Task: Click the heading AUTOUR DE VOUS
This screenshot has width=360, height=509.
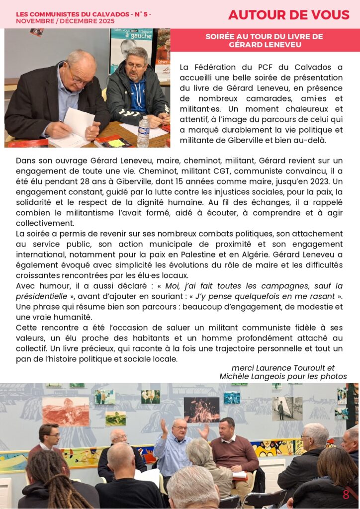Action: [x=288, y=15]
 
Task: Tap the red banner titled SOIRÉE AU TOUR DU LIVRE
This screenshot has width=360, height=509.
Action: [x=264, y=40]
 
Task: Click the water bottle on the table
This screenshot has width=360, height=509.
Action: [x=143, y=131]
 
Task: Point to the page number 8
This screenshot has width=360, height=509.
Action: [x=346, y=495]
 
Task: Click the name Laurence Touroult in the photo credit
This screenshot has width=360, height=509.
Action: [x=291, y=368]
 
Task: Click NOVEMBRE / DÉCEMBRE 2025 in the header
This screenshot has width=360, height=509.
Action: [x=65, y=21]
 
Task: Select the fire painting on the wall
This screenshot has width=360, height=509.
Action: [x=201, y=409]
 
